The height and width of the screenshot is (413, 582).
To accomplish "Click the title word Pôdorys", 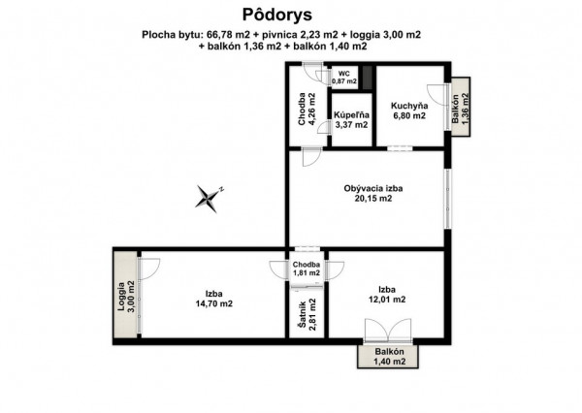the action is pos(277,15).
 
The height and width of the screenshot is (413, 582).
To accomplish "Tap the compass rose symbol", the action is pos(209,198).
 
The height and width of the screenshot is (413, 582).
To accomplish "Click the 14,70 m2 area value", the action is pos(214,303).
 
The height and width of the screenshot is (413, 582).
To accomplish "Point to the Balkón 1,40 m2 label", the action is pos(389,357).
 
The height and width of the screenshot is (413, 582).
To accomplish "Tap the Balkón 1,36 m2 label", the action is pos(461,108).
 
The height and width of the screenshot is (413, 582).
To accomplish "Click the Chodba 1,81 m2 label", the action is pos(307,269).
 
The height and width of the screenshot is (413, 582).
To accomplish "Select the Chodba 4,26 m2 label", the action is pos(307,109).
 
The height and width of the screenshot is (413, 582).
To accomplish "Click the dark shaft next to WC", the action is pos(368,78).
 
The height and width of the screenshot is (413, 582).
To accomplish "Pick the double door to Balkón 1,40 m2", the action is pos(388,330).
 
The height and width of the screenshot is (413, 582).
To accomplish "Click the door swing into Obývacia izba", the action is pos(311,157).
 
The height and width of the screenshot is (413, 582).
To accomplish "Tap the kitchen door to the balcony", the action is pos(438,95).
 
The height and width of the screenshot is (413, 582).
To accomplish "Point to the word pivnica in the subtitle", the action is pos(279,35).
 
